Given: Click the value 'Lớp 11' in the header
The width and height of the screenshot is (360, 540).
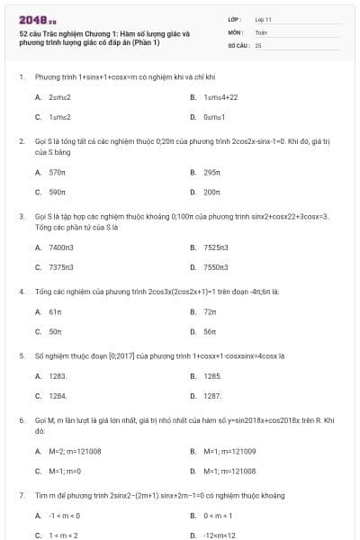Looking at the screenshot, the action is click(x=264, y=19).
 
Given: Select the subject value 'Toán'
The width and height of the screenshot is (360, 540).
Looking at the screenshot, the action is click(x=261, y=31).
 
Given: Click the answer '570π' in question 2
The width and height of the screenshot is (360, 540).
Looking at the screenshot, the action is click(x=58, y=171).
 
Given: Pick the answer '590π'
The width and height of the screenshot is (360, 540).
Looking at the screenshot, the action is click(x=58, y=192).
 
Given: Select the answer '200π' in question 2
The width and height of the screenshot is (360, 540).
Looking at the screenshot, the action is click(x=212, y=192).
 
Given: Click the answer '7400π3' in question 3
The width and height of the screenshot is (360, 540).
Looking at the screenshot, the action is click(x=62, y=247).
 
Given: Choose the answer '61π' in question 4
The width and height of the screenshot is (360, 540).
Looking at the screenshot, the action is click(x=55, y=311).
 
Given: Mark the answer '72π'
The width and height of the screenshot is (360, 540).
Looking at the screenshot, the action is click(x=211, y=311).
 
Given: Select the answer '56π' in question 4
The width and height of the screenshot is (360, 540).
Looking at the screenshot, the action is click(x=211, y=332).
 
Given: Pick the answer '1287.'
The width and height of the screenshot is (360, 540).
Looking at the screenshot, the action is click(x=213, y=396).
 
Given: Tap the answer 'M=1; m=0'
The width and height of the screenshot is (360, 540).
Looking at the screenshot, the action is click(x=65, y=472).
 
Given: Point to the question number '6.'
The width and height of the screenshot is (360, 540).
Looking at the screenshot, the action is click(x=21, y=420).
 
